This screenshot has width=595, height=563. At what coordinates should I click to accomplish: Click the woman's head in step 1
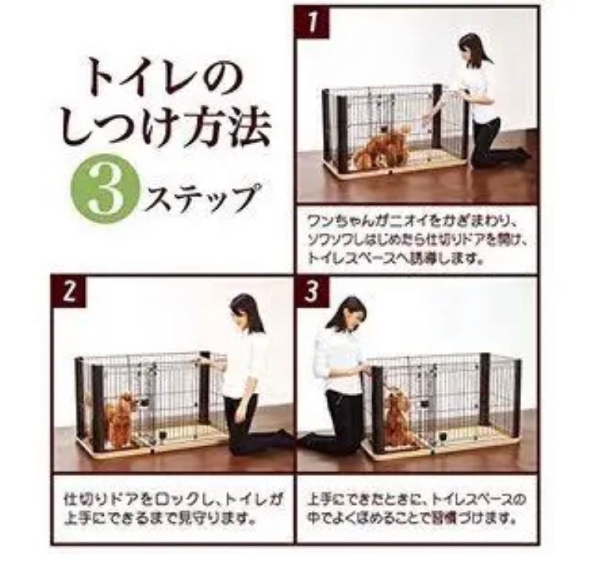(472, 50)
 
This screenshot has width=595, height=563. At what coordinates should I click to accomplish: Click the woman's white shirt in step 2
(241, 364)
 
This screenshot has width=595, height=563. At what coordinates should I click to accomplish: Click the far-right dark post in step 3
(516, 397)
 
